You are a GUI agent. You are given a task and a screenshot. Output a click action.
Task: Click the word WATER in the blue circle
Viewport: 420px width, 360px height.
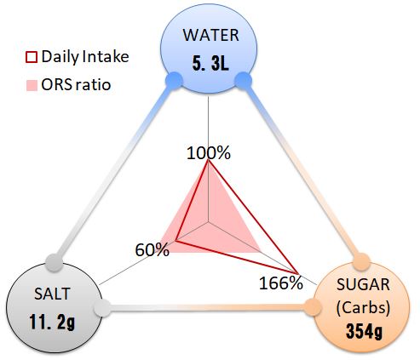click(210, 35)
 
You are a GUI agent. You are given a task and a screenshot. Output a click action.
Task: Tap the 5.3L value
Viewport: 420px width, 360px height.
click(210, 63)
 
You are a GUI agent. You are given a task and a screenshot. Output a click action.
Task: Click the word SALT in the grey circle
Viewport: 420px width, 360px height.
click(52, 294)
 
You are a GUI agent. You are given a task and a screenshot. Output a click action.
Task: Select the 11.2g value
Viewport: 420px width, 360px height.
click(52, 322)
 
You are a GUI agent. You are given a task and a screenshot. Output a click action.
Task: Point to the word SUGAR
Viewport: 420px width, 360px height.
click(363, 284)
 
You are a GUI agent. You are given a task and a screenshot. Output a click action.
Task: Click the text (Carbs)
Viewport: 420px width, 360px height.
click(363, 308)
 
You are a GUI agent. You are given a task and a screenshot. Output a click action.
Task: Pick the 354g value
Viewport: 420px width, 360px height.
click(364, 331)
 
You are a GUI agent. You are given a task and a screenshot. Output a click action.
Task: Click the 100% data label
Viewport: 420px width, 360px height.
click(209, 153)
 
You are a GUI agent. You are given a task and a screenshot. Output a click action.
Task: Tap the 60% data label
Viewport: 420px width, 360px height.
click(152, 250)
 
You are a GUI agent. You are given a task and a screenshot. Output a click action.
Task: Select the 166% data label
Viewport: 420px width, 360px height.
click(281, 283)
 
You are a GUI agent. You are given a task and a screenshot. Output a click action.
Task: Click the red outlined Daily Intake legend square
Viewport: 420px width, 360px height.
click(32, 57)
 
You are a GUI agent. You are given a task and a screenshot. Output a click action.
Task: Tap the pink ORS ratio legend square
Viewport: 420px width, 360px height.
click(32, 85)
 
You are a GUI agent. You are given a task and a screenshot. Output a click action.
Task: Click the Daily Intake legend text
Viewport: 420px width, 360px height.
click(85, 57)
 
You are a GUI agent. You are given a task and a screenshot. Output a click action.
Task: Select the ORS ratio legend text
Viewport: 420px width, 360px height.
click(76, 85)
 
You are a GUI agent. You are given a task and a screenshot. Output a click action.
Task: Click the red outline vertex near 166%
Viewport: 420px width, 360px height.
click(296, 273)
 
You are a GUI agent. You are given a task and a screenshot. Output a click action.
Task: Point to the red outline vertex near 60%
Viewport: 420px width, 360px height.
click(175, 241)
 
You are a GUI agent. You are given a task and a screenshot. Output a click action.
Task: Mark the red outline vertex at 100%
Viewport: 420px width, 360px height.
click(208, 160)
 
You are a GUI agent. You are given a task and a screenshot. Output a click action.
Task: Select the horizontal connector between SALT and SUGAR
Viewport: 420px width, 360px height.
click(208, 308)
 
